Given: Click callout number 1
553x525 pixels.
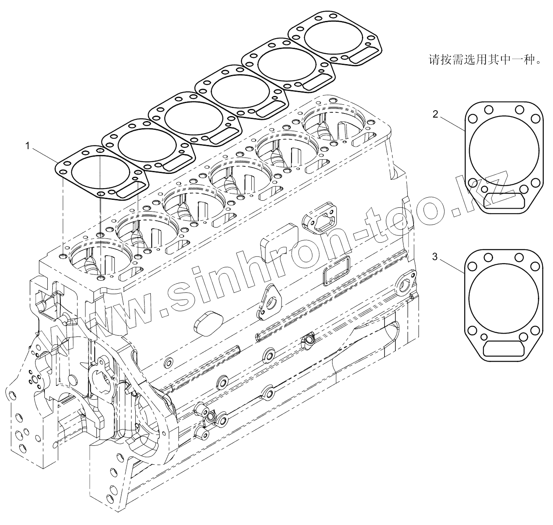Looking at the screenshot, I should click(x=27, y=146).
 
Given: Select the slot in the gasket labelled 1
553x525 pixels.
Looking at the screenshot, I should click(x=129, y=191).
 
